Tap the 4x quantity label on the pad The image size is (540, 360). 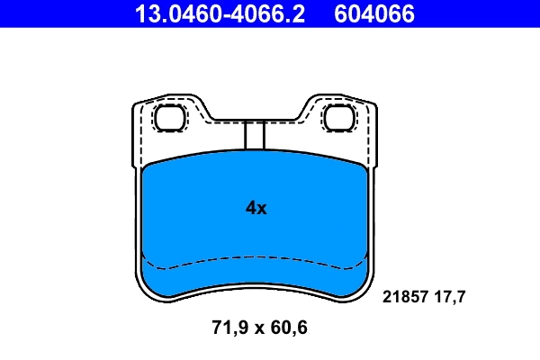[x=256, y=208]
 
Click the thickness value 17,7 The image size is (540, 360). [x=449, y=295]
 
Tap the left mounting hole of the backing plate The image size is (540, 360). [x=168, y=117]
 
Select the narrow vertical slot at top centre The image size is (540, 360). [x=255, y=135]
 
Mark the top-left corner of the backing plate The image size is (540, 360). [x=136, y=101]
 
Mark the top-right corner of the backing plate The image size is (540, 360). [x=373, y=101]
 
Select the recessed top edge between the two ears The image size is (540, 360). [x=255, y=121]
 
